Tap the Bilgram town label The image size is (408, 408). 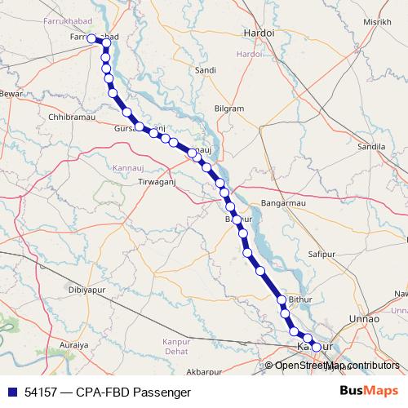(228, 109)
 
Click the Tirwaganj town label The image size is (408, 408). (157, 181)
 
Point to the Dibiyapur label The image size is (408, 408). (89, 290)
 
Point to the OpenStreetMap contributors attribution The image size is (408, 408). (337, 366)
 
